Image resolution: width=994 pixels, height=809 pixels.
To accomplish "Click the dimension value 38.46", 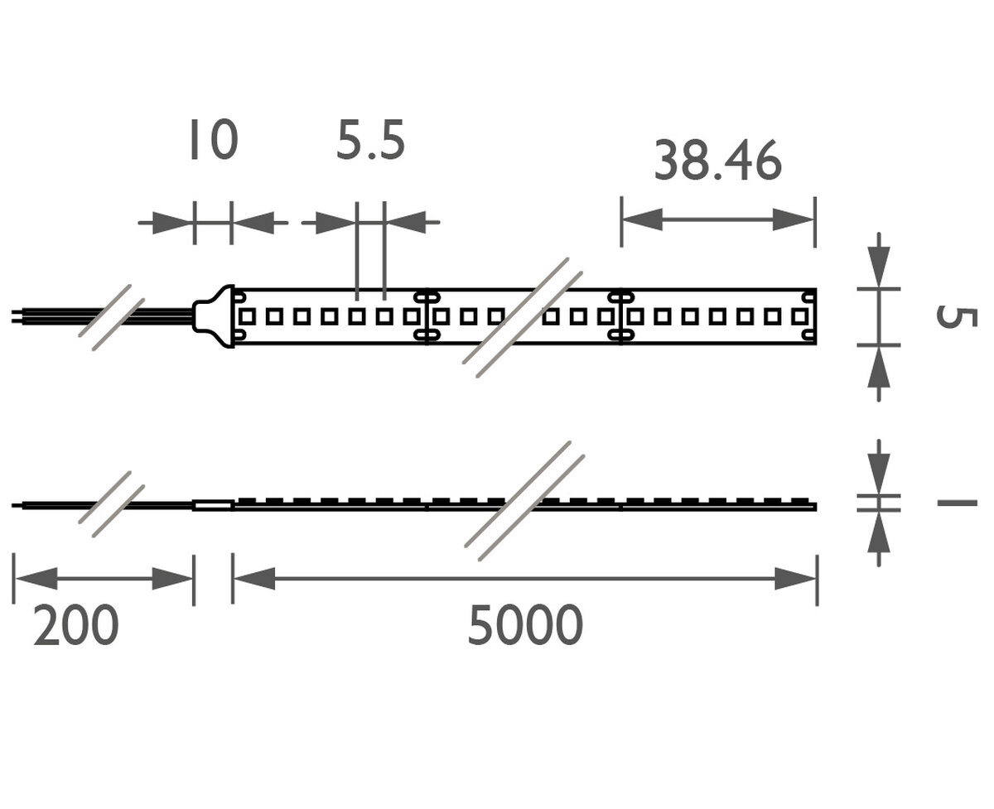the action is (x=717, y=161).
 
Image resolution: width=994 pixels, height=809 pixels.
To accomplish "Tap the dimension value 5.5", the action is (x=370, y=141).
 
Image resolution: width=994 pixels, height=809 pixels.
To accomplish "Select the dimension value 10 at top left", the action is (x=215, y=139).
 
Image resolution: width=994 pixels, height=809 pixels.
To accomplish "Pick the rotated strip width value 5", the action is (x=956, y=317).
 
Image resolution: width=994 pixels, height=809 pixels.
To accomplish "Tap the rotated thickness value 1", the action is (x=957, y=503).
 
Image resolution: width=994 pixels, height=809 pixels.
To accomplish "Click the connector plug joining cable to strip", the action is (x=214, y=316).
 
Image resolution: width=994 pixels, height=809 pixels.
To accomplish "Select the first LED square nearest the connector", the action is (x=247, y=317).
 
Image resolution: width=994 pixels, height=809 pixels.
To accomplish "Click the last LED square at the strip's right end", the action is (x=799, y=317).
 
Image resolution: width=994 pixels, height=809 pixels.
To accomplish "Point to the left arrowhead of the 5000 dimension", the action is (x=253, y=579).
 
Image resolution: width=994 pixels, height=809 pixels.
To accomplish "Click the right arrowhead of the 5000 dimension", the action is (x=796, y=579).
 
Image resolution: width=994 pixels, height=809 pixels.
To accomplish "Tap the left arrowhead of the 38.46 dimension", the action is (x=643, y=219).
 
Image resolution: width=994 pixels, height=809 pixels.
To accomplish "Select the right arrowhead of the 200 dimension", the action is (x=172, y=579).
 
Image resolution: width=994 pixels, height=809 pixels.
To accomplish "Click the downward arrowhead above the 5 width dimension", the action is (x=879, y=267).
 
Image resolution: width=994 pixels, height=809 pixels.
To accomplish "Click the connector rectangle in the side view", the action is (x=213, y=505).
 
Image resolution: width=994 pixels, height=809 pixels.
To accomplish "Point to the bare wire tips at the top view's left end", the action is (x=17, y=316).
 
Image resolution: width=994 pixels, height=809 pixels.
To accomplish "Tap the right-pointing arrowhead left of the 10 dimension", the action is (x=172, y=223).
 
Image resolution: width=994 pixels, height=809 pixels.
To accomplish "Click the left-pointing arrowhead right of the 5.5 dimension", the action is (x=406, y=222).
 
